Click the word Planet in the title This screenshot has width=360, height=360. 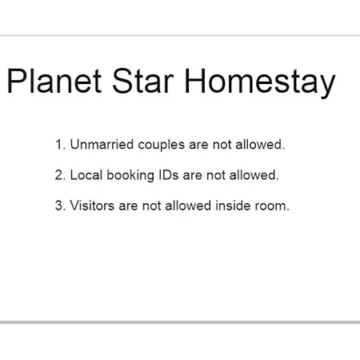click(x=54, y=81)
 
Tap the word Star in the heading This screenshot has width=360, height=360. click(x=143, y=81)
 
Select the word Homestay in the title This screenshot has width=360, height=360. click(x=260, y=82)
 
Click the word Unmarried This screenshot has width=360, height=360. click(x=102, y=145)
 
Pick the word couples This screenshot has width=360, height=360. click(x=162, y=146)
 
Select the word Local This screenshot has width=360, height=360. click(x=86, y=175)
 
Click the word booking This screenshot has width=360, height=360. click(x=130, y=176)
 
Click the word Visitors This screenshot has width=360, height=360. click(x=92, y=206)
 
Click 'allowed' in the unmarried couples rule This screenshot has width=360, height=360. click(x=260, y=145)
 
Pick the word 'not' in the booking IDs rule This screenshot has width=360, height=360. click(x=215, y=176)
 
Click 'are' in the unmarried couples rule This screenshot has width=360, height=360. click(x=198, y=146)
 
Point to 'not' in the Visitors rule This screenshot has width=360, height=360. click(x=151, y=206)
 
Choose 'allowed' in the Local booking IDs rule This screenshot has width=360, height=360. click(x=254, y=175)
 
